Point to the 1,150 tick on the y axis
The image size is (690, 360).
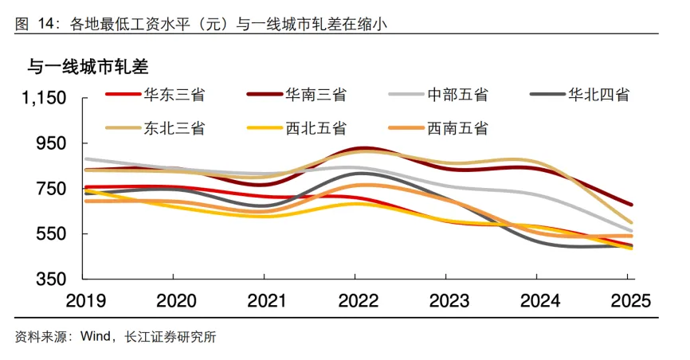(43, 98)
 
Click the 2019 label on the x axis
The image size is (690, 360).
(84, 302)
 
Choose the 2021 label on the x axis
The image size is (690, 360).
(265, 302)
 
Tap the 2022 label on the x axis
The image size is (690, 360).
(355, 302)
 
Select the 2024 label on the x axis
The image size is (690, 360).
(536, 302)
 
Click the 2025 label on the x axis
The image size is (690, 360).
(626, 302)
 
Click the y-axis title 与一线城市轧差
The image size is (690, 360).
(88, 65)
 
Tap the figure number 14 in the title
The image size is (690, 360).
(45, 23)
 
